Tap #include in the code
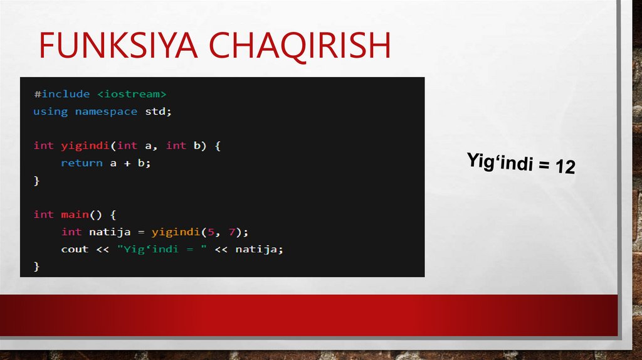(61, 94)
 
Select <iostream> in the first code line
(132, 94)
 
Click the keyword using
(50, 112)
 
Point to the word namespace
(106, 112)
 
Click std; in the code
(158, 112)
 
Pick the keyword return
(82, 163)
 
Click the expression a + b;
(130, 163)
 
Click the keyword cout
(75, 249)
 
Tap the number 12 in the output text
(564, 167)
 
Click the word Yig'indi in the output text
(498, 162)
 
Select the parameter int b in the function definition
(186, 146)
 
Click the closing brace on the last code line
(36, 267)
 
